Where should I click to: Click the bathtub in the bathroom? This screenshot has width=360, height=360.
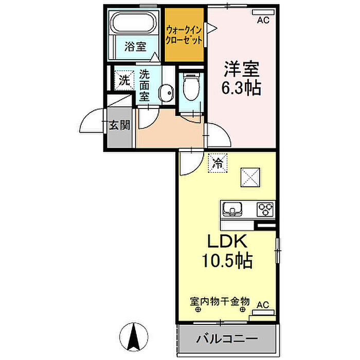point(134,23)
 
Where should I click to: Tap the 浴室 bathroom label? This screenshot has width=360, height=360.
point(135,47)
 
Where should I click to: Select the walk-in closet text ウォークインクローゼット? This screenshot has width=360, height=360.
point(184,35)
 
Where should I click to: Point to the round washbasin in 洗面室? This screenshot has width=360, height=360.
point(166,93)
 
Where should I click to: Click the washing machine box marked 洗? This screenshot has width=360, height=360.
point(124,80)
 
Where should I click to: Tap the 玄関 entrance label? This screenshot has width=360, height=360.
point(119,125)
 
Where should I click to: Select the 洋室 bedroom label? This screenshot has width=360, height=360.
point(242,69)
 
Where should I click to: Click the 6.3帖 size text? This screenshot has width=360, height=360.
point(241,88)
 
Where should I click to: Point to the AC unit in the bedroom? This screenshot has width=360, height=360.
point(263,12)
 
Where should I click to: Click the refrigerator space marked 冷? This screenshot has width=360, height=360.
point(218,163)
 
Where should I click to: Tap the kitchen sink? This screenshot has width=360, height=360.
point(232,209)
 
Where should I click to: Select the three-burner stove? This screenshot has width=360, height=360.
point(265,209)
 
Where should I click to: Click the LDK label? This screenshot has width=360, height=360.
point(227,241)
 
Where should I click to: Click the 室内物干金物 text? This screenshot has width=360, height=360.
point(220,301)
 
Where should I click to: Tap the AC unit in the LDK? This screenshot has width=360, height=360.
point(263,313)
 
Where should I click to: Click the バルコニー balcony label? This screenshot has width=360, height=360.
point(227,338)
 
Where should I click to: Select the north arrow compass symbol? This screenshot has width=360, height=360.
point(134,337)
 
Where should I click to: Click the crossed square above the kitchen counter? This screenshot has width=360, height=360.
point(250,177)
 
